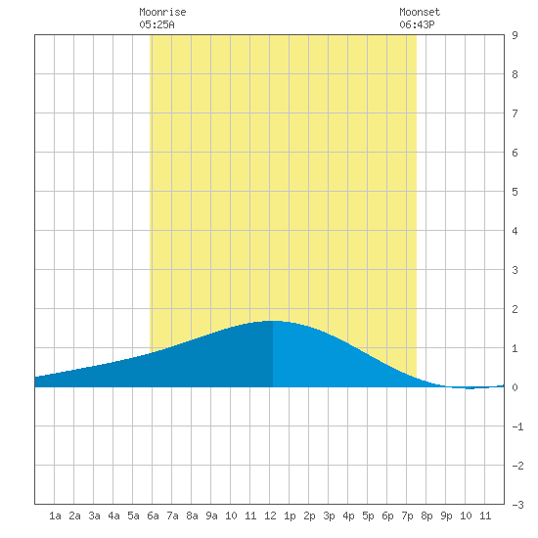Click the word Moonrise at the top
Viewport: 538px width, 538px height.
tap(162, 12)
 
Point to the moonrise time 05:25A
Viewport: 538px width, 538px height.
tap(157, 24)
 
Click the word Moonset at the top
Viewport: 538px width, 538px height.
tap(420, 12)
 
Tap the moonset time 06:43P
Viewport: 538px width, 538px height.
tap(417, 24)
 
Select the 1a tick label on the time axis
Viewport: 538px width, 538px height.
tap(55, 516)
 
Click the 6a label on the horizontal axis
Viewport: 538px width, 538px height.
tap(153, 516)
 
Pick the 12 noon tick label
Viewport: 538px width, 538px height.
tap(270, 516)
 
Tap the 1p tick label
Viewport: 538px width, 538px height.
tap(290, 516)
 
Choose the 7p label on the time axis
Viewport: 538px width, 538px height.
tap(407, 516)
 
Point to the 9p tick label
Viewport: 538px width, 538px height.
tap(446, 516)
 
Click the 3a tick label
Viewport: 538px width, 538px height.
tap(94, 516)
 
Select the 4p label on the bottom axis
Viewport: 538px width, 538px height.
tap(348, 516)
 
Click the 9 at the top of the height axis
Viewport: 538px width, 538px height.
tap(515, 35)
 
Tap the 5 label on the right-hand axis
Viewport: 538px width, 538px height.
tap(515, 192)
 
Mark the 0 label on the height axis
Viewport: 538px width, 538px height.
tap(515, 387)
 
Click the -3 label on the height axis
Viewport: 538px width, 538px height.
tap(517, 505)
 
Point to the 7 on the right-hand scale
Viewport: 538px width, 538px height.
tap(515, 113)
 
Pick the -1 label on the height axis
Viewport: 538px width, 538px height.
tap(517, 426)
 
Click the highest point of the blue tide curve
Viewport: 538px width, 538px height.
tap(272, 321)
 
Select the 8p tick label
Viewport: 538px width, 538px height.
tap(426, 516)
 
